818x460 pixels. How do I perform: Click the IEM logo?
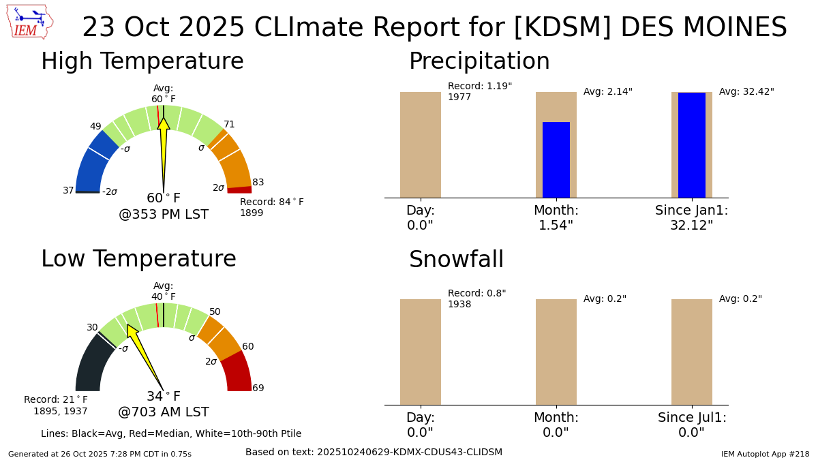(x=29, y=22)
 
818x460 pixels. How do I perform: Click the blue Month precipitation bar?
(x=556, y=159)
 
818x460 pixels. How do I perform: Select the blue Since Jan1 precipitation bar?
(x=691, y=144)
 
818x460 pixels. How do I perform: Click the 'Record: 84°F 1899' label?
(x=271, y=207)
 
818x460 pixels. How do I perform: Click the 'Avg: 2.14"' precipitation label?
(x=607, y=92)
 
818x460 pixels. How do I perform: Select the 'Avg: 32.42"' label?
(x=746, y=92)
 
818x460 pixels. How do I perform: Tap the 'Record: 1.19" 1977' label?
(x=479, y=92)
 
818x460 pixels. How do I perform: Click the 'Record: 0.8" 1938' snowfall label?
(x=476, y=299)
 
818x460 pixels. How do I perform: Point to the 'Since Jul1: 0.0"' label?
(x=692, y=425)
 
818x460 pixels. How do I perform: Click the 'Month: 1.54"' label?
(x=556, y=218)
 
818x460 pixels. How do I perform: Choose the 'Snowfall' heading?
(x=456, y=260)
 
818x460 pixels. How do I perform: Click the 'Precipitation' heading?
(x=479, y=61)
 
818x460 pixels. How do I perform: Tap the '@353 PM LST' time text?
(x=164, y=215)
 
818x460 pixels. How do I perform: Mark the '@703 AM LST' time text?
(x=164, y=412)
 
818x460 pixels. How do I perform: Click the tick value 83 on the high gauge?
(x=258, y=183)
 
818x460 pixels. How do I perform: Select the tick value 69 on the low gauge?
(x=258, y=388)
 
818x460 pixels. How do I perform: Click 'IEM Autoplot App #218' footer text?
(x=765, y=454)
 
